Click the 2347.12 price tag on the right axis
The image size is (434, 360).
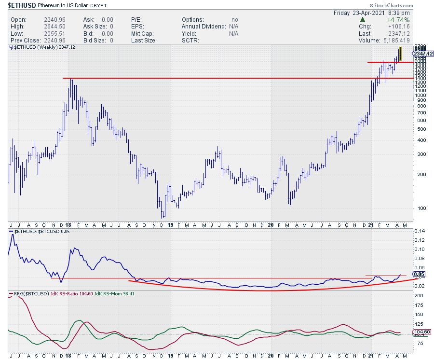(x=423, y=53)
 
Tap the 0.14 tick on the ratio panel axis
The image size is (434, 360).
(x=421, y=232)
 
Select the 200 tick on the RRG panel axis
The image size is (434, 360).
(x=420, y=295)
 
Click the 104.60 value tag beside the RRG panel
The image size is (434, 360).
(x=423, y=332)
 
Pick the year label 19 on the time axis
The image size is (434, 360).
(x=170, y=224)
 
